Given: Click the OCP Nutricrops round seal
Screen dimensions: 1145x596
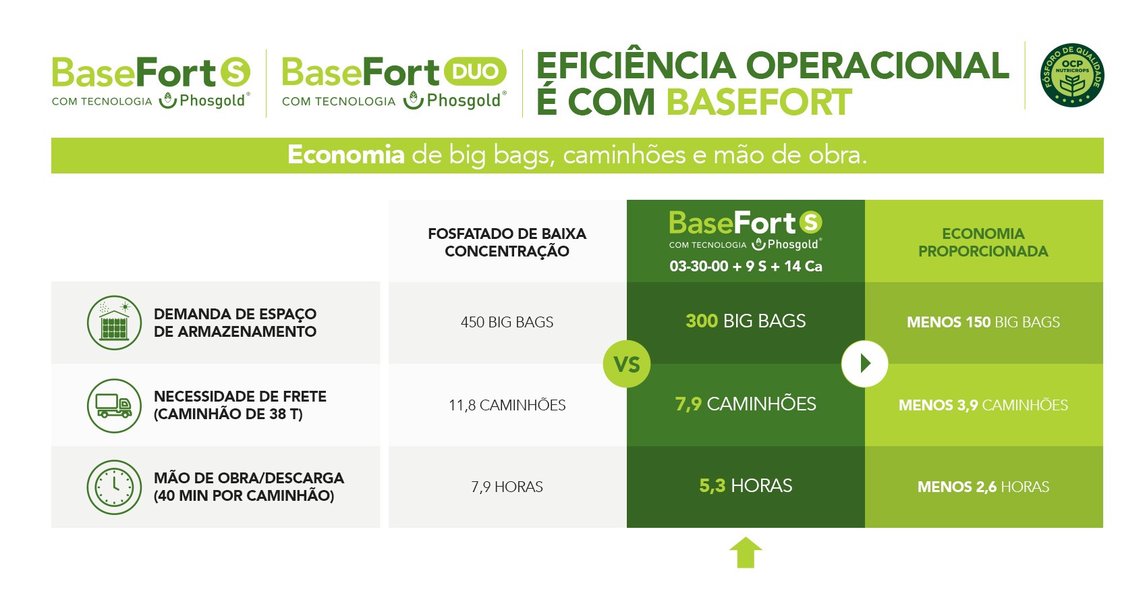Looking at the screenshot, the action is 1072,75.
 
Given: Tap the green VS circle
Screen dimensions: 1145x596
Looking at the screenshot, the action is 627,364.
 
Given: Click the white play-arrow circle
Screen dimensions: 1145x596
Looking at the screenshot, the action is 864,364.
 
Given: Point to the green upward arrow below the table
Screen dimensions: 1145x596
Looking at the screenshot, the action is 746,553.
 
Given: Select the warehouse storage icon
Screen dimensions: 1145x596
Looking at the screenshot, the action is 114,323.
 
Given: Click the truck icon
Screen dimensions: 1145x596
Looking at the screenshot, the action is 114,406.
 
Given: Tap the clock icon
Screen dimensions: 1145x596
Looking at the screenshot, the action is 114,487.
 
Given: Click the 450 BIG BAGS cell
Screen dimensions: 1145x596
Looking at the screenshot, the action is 507,322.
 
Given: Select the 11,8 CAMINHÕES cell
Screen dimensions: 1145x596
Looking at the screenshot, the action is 507,406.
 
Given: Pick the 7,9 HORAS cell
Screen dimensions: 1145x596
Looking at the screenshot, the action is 507,487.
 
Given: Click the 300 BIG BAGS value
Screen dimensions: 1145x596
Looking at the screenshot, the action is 746,321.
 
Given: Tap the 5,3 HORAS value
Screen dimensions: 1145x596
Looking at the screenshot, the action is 746,485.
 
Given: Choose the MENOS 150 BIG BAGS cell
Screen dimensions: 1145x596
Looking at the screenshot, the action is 984,322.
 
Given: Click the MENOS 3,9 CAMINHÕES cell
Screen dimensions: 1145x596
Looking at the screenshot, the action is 984,406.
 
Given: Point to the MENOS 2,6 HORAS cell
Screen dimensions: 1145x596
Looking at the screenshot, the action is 984,487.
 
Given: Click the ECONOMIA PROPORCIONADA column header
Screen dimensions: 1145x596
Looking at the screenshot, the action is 984,242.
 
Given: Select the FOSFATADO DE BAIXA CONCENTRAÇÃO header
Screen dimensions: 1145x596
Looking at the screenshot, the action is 507,242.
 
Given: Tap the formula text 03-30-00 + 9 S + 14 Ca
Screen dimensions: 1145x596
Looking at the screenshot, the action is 746,267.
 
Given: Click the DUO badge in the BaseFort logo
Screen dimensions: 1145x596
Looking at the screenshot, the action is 475,71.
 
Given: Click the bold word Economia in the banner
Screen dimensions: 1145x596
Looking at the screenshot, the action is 346,155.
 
